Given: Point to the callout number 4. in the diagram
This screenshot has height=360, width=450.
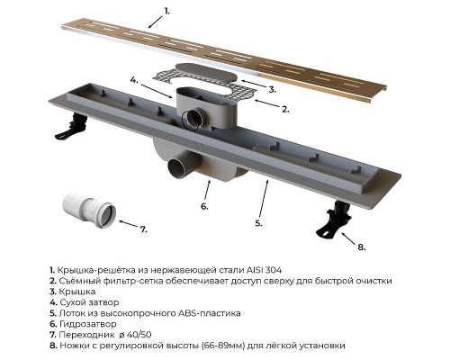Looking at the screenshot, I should (133, 79).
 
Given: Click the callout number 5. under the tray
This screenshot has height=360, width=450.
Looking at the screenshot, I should (257, 222).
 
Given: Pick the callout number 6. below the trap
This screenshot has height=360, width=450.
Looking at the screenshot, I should (204, 206).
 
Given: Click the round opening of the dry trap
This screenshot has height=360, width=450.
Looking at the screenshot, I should (193, 117).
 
